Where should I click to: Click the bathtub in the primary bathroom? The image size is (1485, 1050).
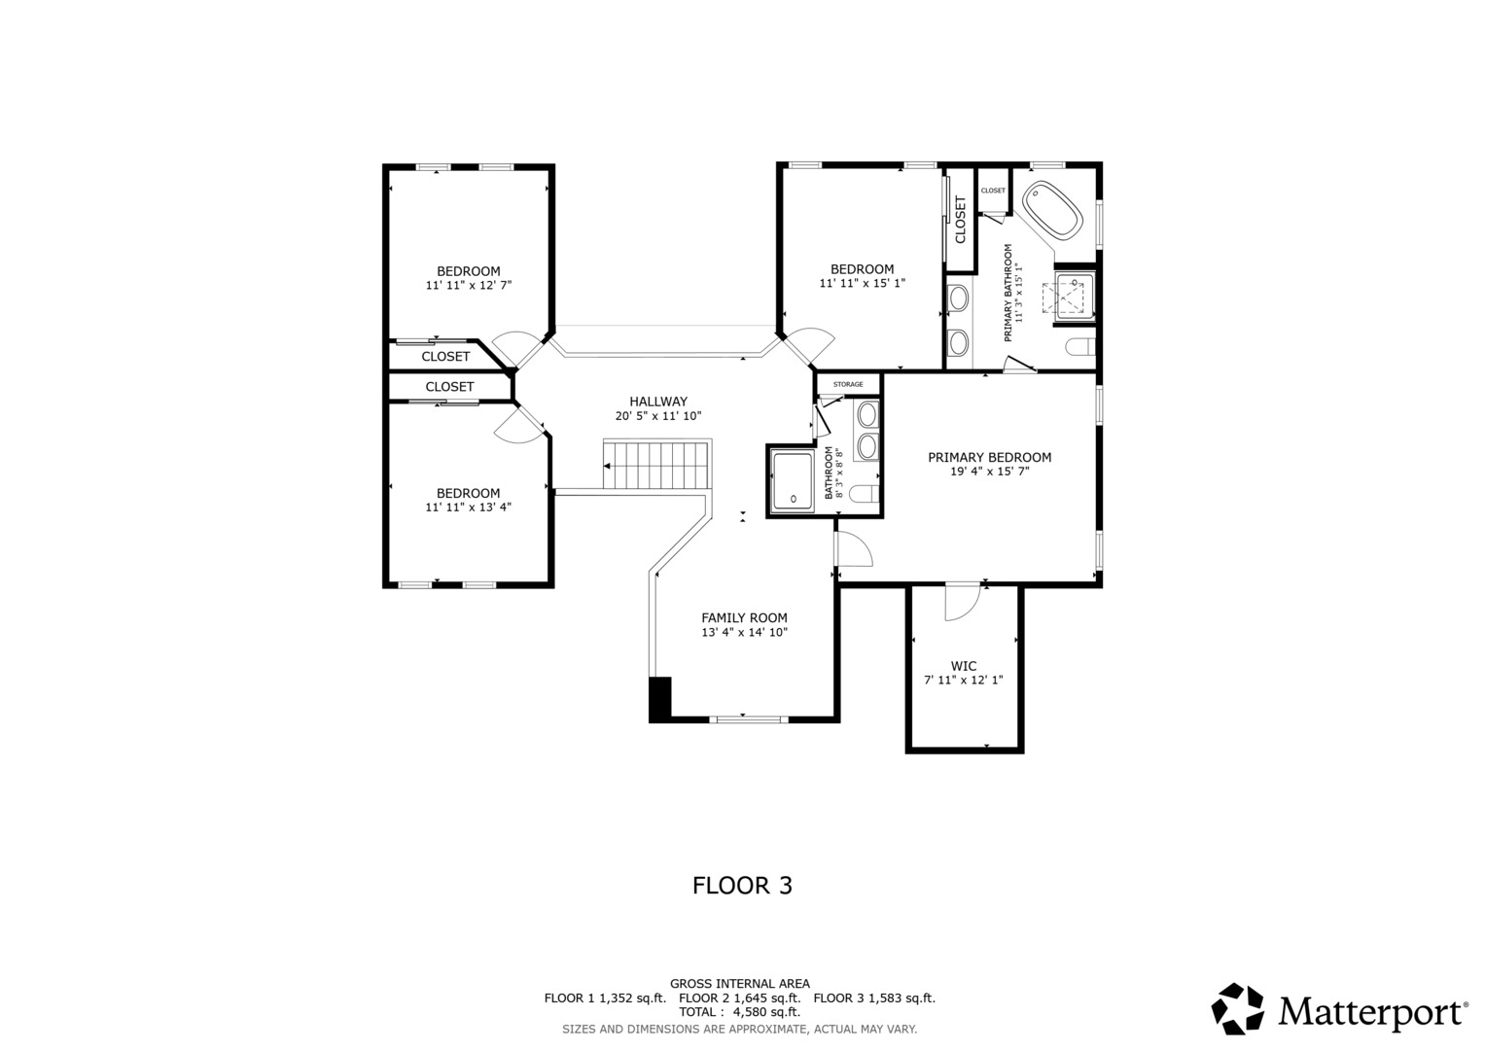[x=1052, y=210]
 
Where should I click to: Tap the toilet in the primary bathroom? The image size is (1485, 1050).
[x=1079, y=347]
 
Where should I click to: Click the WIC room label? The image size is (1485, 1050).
[x=964, y=666]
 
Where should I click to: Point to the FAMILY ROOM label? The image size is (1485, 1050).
[x=745, y=617]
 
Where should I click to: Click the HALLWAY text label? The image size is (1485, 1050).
[x=658, y=401]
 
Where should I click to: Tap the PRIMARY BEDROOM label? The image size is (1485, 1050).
[x=989, y=457]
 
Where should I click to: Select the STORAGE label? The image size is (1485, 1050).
[x=848, y=384]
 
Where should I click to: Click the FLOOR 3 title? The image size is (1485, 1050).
[x=743, y=886]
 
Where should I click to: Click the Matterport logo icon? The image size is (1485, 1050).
[x=1237, y=1009]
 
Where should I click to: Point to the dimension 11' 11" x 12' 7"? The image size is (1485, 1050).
[x=469, y=286]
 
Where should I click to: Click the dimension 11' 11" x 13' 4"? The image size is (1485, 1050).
[x=469, y=507]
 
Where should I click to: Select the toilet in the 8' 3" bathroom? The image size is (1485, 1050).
[x=865, y=493]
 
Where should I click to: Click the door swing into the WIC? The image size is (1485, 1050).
[x=962, y=602]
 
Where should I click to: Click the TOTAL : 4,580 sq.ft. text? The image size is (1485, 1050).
[x=739, y=1012]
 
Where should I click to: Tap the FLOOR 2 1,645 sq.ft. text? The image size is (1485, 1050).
[x=740, y=998]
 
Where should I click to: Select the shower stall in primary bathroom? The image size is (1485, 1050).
[x=1074, y=297]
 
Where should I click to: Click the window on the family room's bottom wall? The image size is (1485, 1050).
[x=749, y=718]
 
